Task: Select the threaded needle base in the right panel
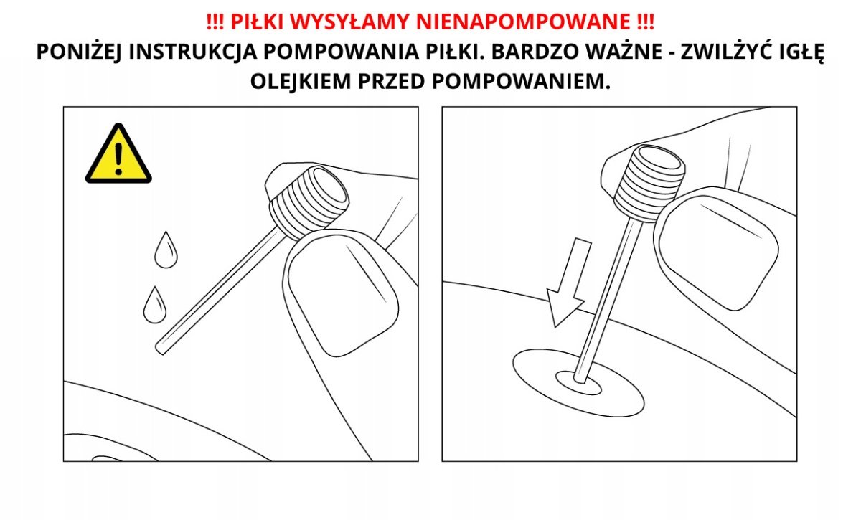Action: click(x=649, y=184)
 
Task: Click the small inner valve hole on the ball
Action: click(x=578, y=383)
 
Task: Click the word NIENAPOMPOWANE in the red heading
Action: click(x=524, y=22)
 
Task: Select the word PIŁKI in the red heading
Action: click(x=257, y=22)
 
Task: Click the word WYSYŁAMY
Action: click(x=350, y=22)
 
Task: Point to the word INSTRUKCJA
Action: click(x=192, y=52)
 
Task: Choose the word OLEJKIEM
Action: click(x=301, y=81)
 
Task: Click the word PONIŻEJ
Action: click(x=79, y=52)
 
